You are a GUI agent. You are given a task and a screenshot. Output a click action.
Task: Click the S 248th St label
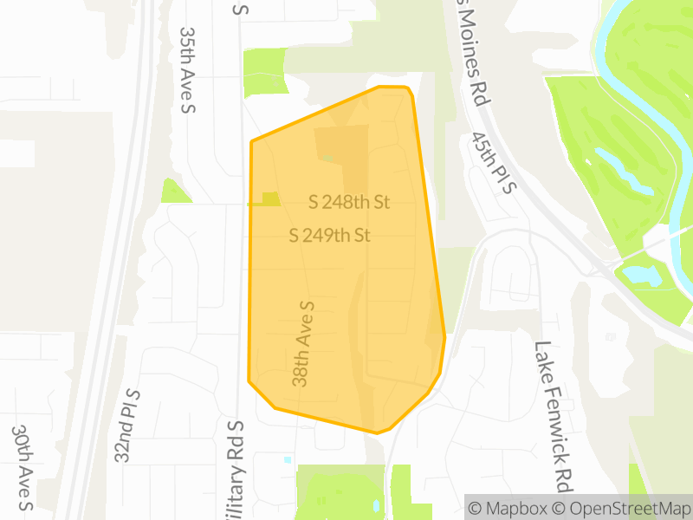click(350, 202)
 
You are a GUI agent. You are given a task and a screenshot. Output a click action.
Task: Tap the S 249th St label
click(330, 235)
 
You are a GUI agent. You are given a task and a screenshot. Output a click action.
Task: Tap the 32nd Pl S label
click(127, 426)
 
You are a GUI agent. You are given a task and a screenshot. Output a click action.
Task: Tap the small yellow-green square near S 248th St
click(270, 199)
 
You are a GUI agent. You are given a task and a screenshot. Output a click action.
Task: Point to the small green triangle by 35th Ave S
click(173, 192)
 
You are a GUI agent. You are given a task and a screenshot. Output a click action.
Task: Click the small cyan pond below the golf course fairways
click(642, 276)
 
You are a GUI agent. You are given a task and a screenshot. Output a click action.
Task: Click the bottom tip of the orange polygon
click(377, 432)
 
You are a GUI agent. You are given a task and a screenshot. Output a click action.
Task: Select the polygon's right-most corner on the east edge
click(444, 336)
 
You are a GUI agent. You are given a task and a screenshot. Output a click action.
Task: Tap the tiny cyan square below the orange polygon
click(288, 459)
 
